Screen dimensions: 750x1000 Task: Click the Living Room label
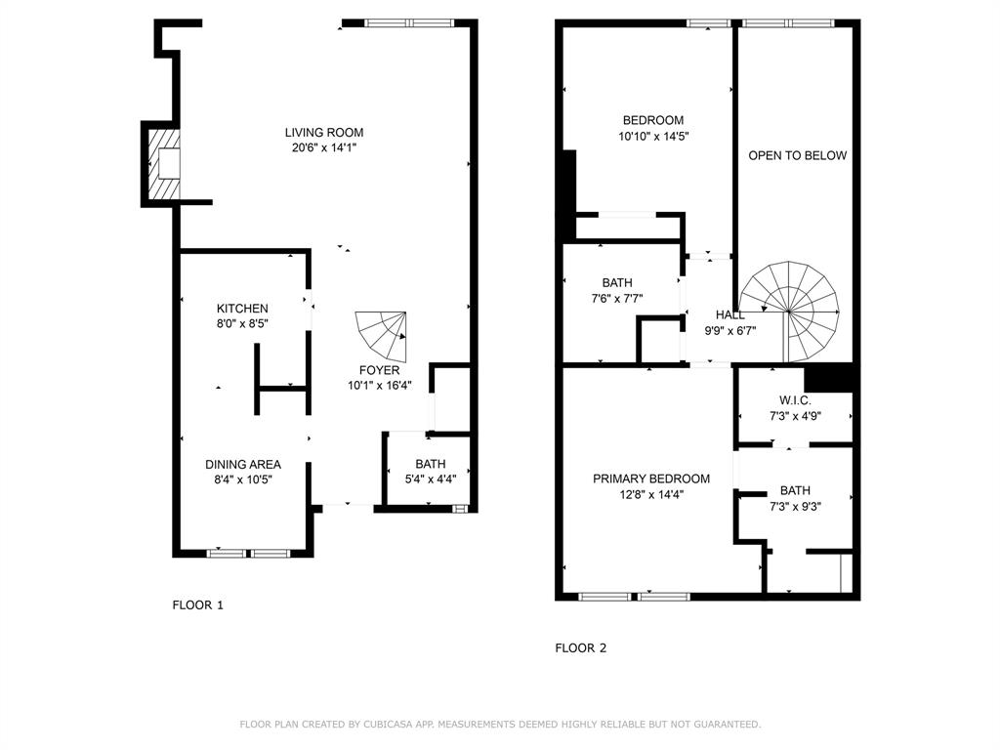pos(324,133)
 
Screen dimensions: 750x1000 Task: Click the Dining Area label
pos(242,464)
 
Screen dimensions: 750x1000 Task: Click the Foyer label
pos(379,370)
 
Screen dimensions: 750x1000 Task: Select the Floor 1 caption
pos(197,604)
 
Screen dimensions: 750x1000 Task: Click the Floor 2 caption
pos(580,647)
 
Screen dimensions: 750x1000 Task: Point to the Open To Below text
pos(797,155)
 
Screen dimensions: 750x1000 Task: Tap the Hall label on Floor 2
pos(729,315)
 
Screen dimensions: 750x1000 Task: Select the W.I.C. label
pos(795,400)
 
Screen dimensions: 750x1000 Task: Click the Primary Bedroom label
pos(651,479)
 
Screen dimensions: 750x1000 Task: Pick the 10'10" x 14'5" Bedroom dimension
pos(654,137)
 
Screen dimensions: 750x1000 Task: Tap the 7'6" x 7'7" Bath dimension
pos(617,299)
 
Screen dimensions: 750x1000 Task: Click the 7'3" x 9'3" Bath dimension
pos(795,507)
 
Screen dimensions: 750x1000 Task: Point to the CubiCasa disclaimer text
pos(500,724)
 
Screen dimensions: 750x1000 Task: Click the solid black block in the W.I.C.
pos(829,378)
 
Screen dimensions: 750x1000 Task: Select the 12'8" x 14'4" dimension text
pos(651,494)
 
